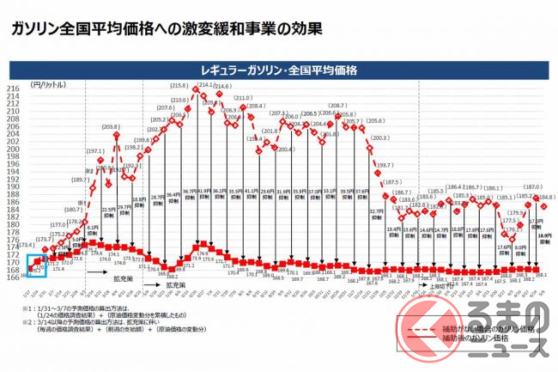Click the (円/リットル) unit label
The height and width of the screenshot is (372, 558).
[47, 84]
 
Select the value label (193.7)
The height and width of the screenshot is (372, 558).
[384, 166]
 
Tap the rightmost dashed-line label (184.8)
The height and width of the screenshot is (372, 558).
[545, 198]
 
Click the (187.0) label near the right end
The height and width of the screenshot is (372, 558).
[532, 186]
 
